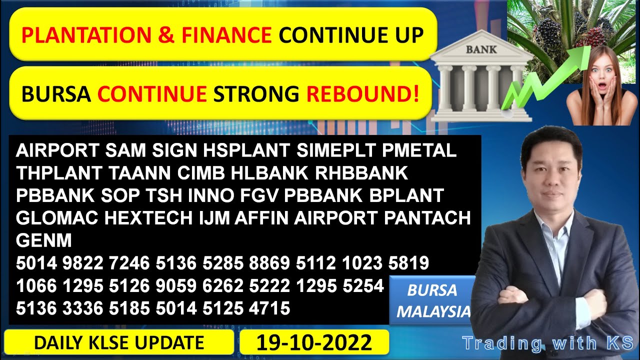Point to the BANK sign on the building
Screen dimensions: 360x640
point(481,49)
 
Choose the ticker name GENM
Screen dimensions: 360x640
point(44,240)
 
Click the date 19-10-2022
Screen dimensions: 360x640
point(314,343)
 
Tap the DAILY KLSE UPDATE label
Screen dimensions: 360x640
point(119,343)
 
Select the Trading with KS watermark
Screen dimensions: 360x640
point(548,343)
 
